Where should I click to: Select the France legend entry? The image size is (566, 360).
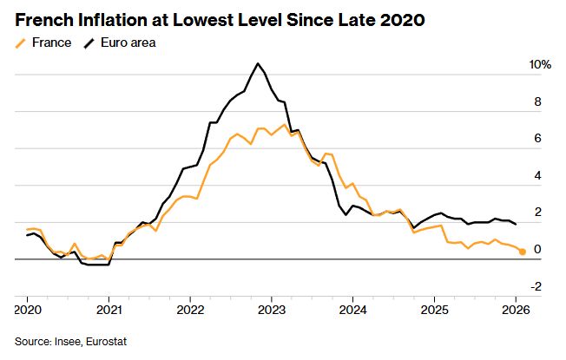tap(43, 42)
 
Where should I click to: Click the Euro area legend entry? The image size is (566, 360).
tap(122, 42)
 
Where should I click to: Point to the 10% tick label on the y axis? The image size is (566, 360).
tap(540, 65)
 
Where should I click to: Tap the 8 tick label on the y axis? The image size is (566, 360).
tap(537, 101)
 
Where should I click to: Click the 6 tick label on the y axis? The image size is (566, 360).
tap(537, 139)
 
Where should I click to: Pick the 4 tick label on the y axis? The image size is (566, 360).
tap(537, 176)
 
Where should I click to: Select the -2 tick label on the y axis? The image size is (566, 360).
tap(536, 287)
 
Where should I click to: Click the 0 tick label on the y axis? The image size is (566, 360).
tap(537, 250)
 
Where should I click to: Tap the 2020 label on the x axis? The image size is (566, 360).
tap(28, 308)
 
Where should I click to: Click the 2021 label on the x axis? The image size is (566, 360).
tap(109, 308)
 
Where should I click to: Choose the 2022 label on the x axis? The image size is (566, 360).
tap(190, 308)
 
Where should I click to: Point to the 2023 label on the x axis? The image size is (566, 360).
tap(272, 308)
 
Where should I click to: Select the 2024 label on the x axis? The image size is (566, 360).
tap(353, 308)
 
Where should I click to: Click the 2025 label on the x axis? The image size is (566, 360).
tap(434, 308)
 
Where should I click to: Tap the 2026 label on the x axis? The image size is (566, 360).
tap(516, 308)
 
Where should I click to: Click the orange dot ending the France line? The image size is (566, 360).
tap(522, 252)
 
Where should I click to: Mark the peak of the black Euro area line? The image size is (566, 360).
tap(258, 63)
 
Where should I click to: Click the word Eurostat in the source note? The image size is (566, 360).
tap(106, 341)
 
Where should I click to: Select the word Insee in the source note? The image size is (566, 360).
tap(66, 341)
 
